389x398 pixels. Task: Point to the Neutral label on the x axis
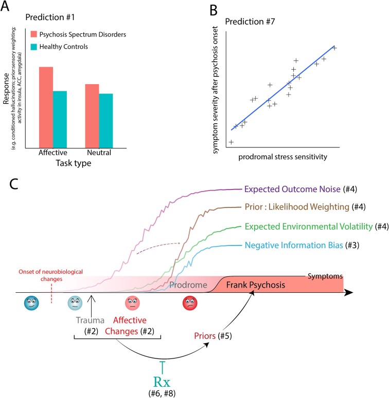(x=98, y=153)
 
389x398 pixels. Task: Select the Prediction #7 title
(x=252, y=23)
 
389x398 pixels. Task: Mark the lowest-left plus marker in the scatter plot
(x=231, y=142)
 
